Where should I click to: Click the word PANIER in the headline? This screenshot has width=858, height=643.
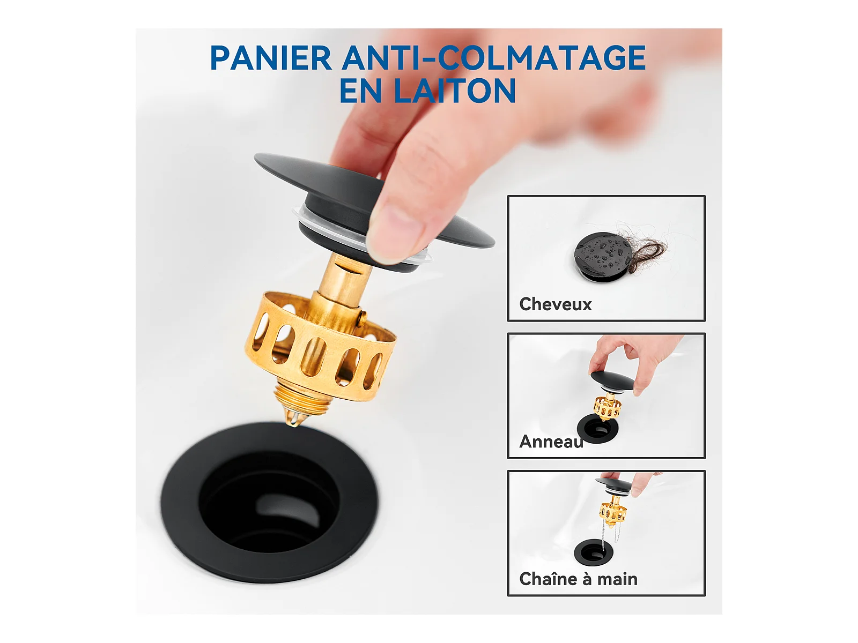point(271,57)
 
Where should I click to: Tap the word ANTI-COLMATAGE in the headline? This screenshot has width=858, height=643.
point(494,57)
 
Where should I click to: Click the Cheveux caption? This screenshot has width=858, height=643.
point(555,304)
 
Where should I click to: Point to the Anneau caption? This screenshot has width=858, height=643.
point(551,442)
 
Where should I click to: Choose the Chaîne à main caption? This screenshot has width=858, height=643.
point(578,579)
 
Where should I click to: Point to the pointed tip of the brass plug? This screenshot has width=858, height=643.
point(291,424)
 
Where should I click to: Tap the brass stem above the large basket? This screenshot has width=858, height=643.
point(343,282)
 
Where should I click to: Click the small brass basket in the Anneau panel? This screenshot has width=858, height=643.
point(607,408)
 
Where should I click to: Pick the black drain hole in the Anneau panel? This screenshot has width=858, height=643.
point(594,429)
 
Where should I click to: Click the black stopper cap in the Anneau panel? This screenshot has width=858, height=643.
point(611,378)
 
